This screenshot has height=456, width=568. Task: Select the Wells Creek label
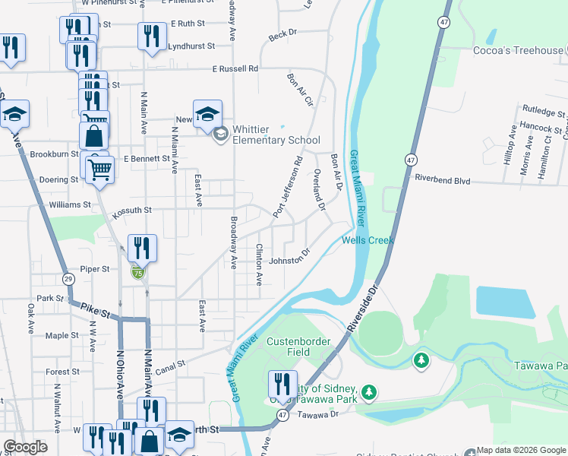(368, 240)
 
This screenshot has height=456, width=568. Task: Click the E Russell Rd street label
(235, 68)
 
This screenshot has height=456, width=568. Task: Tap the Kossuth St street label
(132, 210)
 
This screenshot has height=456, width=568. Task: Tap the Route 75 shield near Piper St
(137, 272)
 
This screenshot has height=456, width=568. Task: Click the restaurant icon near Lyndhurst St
(151, 36)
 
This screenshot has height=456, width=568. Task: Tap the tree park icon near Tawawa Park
(421, 360)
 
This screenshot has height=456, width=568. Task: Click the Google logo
(26, 447)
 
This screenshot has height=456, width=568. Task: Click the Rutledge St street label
(544, 114)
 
